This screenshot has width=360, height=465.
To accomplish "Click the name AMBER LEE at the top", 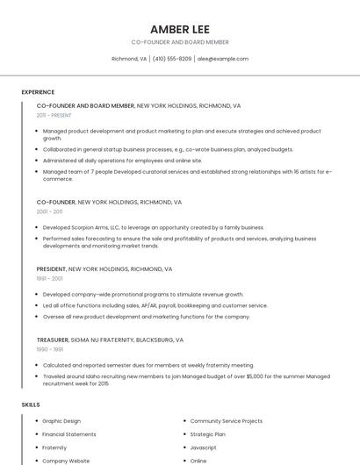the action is point(179,29).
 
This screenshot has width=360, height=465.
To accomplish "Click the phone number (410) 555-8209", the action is point(172,59).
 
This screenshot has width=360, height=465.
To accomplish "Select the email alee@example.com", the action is point(223,59).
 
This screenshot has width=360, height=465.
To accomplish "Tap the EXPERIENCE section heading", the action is point(38,92).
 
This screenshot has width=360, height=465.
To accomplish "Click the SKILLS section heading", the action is point(31,404).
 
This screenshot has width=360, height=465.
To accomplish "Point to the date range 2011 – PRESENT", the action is point(54,115).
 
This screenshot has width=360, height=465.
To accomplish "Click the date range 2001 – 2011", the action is point(49,211).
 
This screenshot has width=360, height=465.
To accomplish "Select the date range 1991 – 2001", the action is point(49,278).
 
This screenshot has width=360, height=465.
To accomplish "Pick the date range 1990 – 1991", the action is point(49,349).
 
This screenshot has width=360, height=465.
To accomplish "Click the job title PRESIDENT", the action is point(51,269).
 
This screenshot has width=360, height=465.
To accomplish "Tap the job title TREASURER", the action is point(53,340).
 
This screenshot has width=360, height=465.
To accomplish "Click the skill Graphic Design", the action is point(61,421).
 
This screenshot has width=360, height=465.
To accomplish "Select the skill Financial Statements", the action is point(69,434).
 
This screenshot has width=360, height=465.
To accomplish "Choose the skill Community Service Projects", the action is point(227,421).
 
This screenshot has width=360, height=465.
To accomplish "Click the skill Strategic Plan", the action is point(207,434).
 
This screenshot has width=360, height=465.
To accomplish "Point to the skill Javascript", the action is point(203,447).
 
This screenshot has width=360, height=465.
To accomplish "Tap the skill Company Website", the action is point(66,461).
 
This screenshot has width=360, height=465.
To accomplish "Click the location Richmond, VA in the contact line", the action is point(129,59).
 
